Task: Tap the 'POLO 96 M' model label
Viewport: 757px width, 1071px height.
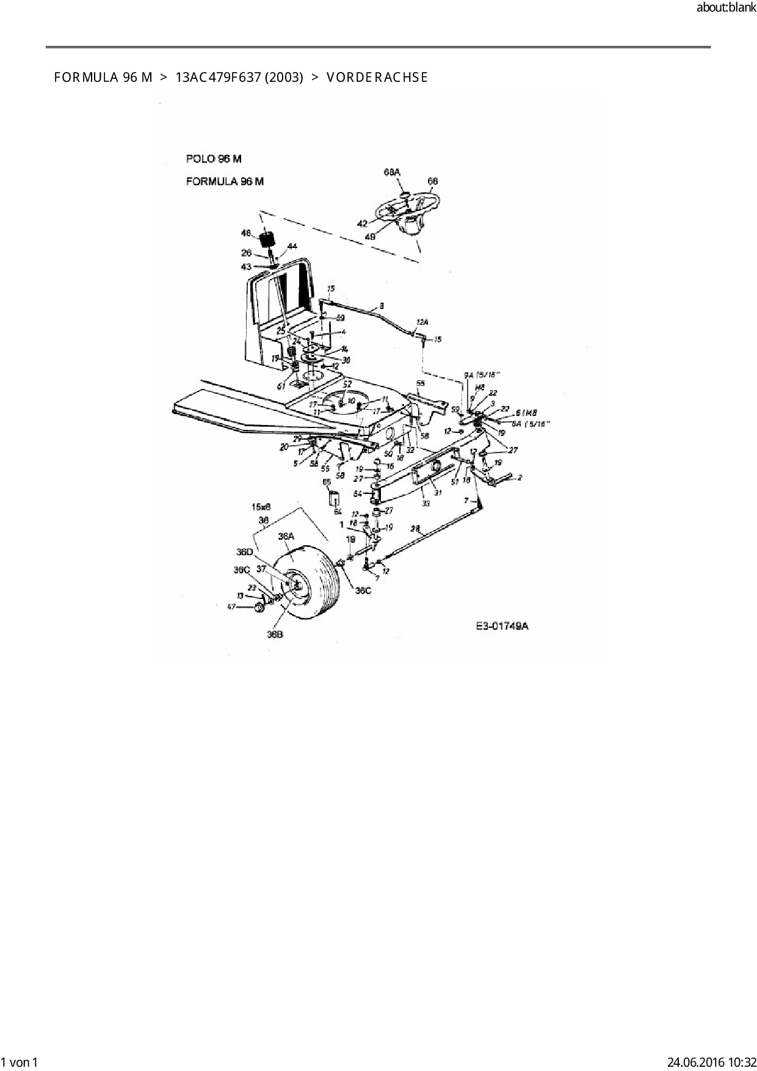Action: coord(214,159)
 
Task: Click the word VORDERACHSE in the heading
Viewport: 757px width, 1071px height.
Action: coord(377,78)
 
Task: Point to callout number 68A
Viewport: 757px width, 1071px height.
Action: coord(392,173)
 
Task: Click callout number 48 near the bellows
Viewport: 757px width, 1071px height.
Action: coord(246,233)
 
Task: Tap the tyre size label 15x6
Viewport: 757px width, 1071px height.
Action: coord(261,507)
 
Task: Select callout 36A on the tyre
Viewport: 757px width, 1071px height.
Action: coord(286,536)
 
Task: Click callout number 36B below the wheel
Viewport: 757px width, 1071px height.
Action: coord(275,634)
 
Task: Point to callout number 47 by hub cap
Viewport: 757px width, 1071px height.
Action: coord(231,606)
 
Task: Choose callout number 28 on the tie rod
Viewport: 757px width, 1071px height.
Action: coord(415,529)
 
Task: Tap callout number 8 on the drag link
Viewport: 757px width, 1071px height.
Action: coord(382,305)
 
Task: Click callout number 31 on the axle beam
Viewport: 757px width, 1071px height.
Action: coord(438,493)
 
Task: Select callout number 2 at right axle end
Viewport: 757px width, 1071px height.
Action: coord(520,478)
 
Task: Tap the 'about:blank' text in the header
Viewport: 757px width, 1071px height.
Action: coord(726,9)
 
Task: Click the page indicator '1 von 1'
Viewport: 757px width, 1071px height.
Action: coord(20,1062)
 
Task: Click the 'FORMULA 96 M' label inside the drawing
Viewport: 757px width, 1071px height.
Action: coord(225,181)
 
